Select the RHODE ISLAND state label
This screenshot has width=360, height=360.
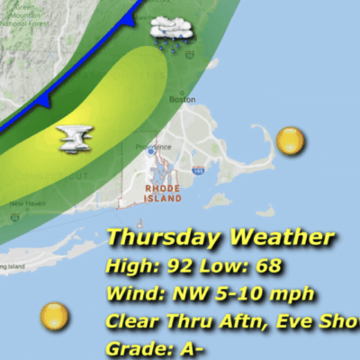(x=163, y=193)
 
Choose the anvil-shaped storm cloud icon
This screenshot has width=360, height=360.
(x=76, y=138)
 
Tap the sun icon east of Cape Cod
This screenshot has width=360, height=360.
(x=290, y=140)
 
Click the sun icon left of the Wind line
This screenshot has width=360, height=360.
(x=55, y=316)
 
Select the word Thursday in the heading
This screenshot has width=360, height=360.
(x=165, y=238)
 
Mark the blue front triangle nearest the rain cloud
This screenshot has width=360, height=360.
(x=129, y=18)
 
